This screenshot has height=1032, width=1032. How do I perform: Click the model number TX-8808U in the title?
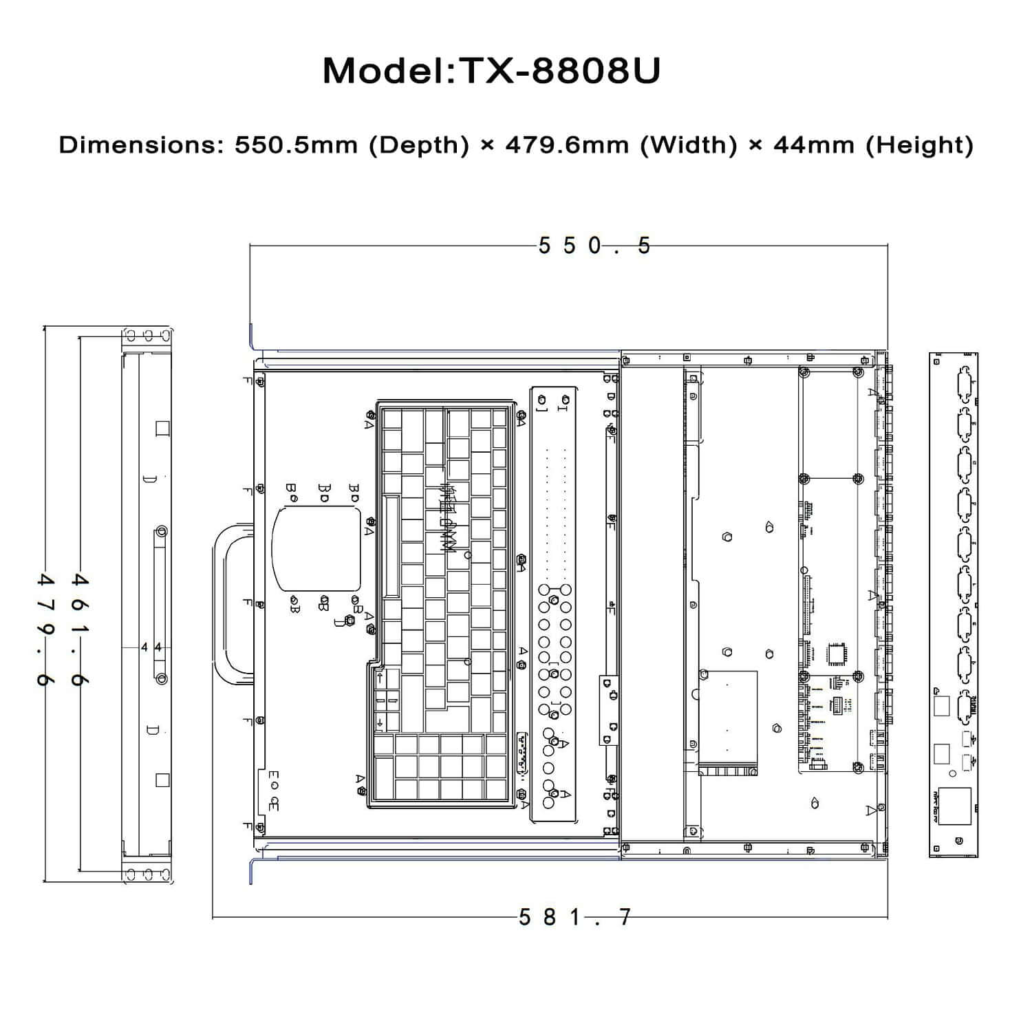(559, 70)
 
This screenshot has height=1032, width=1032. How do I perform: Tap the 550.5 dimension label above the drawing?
(594, 246)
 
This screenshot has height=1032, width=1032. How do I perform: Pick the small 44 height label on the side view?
(151, 647)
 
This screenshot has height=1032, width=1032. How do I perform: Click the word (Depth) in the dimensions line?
(418, 145)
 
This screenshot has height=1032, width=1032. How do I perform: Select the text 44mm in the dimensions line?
(813, 145)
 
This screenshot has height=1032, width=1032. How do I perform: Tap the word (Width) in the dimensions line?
(688, 145)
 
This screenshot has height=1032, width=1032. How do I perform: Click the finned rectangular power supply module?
(728, 722)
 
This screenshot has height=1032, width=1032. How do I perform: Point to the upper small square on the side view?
(162, 429)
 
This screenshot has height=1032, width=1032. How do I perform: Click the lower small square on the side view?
(162, 780)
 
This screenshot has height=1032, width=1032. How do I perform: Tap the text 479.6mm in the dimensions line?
(567, 145)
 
